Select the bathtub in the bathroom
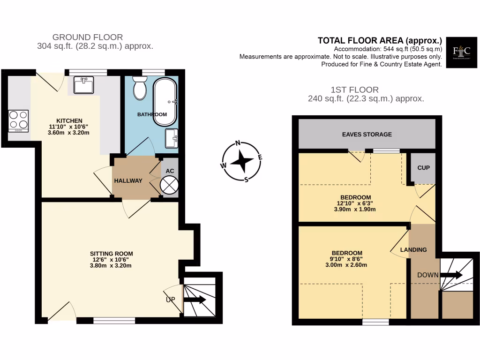coord(165,102)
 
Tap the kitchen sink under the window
coord(84,85)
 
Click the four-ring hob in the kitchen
coord(18,120)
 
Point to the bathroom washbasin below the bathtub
coord(172,138)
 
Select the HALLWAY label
coord(128,181)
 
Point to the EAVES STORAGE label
coord(367,135)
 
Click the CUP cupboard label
coord(423,167)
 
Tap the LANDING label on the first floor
coord(413,250)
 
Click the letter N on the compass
coord(238,143)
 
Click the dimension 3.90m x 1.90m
coord(355,210)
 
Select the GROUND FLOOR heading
coord(88,37)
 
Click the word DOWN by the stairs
coord(428,275)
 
